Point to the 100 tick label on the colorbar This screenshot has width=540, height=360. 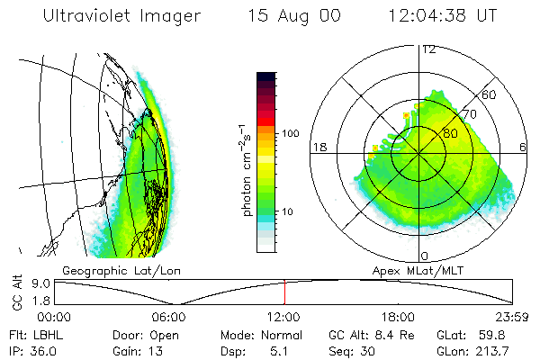(289, 133)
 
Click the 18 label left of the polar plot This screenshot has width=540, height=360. (318, 147)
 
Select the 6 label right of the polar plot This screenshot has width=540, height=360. (524, 147)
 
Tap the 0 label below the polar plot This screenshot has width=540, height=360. (424, 256)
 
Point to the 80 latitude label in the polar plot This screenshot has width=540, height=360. (450, 134)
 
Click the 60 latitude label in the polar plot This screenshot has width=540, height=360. (490, 94)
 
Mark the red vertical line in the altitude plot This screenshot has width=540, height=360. (284, 292)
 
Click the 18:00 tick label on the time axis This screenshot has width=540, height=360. (398, 317)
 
